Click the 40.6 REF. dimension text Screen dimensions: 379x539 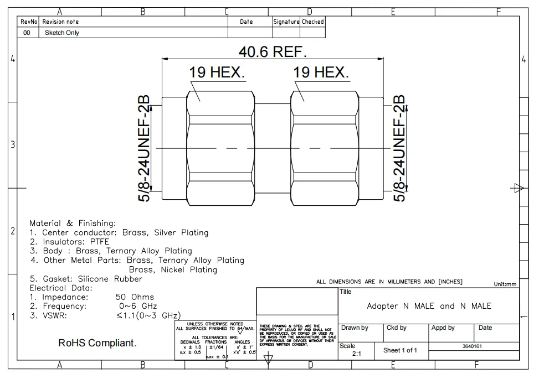(x=272, y=52)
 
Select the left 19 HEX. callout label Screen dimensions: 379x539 (x=217, y=72)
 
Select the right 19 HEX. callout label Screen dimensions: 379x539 (x=321, y=72)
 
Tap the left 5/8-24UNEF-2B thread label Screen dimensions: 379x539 (x=143, y=148)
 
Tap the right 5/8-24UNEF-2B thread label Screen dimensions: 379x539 (x=400, y=148)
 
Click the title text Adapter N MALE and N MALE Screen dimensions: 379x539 (x=429, y=306)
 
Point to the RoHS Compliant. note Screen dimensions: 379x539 (x=97, y=344)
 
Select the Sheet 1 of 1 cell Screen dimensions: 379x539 (x=400, y=350)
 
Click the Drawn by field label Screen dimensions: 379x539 (x=355, y=328)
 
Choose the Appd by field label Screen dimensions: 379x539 (x=443, y=328)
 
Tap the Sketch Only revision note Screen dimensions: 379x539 (x=61, y=33)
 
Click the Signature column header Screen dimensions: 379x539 (x=286, y=22)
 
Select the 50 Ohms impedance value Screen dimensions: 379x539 (x=135, y=297)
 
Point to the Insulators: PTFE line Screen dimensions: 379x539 (x=70, y=242)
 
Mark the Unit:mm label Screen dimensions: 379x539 (x=505, y=284)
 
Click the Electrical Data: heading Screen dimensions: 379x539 (x=61, y=288)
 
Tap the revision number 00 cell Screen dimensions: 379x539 (x=27, y=33)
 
